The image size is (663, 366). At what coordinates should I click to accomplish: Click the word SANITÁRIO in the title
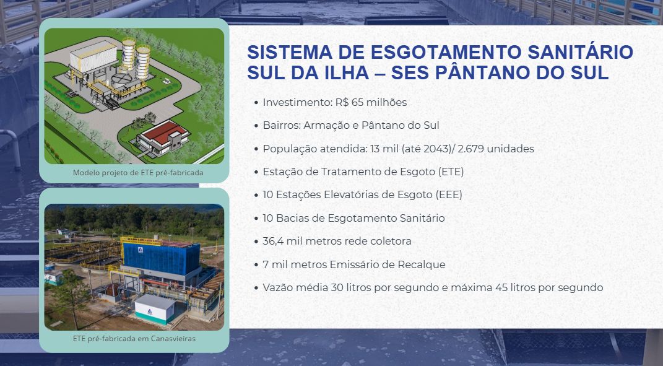coord(580,53)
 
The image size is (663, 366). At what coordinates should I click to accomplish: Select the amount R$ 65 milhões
coord(371,102)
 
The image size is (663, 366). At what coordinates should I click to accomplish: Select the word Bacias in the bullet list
coord(290,218)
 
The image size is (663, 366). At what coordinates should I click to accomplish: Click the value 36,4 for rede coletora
coord(273,241)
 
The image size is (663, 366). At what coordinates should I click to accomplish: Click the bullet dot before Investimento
coord(256,103)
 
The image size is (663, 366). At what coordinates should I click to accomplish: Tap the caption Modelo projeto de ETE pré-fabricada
coord(138,173)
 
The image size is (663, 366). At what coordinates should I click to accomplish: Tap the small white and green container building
coord(155,309)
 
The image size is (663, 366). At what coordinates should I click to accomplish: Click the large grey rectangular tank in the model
coord(93,56)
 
